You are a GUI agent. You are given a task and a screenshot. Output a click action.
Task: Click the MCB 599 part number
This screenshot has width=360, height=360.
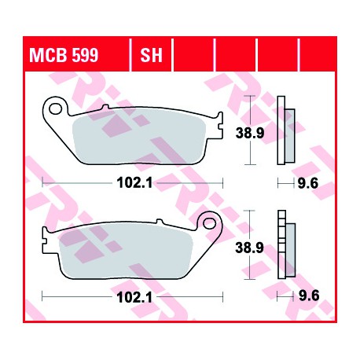coord(64,55)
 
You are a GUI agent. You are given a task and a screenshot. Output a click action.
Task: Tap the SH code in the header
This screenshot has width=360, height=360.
coord(151,55)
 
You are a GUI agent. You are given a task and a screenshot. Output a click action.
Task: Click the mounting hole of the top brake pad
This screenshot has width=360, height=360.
coord(55,108)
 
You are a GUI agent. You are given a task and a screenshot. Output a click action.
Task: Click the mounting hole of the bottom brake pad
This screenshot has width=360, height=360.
coord(209,223)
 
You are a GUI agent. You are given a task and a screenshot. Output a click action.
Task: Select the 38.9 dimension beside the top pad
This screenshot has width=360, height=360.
coord(250,133)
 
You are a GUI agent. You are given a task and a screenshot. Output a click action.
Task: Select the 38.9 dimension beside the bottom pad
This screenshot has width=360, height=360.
coord(249,248)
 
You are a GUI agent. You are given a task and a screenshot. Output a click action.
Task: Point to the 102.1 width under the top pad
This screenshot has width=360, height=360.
coord(134,182)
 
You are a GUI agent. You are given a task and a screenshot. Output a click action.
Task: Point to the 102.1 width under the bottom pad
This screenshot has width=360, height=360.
coord(134,297)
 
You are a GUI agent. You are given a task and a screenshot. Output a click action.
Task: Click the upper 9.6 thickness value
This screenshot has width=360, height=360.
coord(308,183)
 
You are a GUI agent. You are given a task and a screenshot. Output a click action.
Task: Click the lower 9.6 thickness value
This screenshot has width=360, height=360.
coord(309,296)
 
